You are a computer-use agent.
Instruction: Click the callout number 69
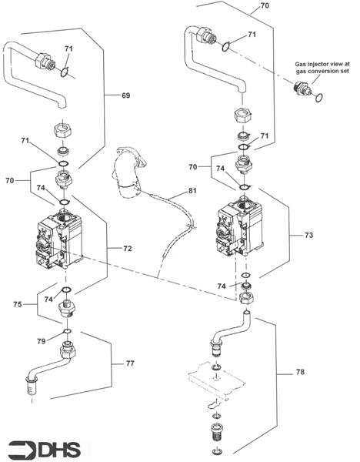125,95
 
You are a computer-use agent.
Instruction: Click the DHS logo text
58,448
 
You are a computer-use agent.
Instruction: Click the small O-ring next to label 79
67,332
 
